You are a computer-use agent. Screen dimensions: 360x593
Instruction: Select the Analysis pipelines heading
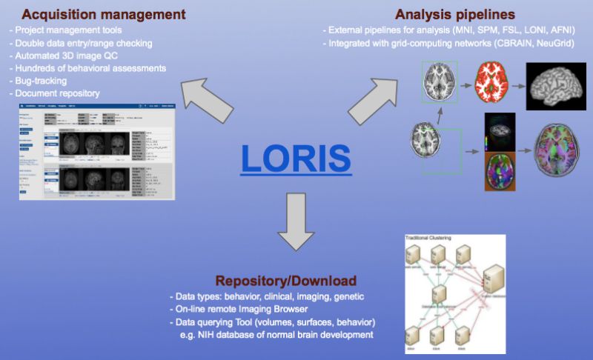(x=456, y=14)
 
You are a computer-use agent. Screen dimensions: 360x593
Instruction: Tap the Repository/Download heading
(x=285, y=281)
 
